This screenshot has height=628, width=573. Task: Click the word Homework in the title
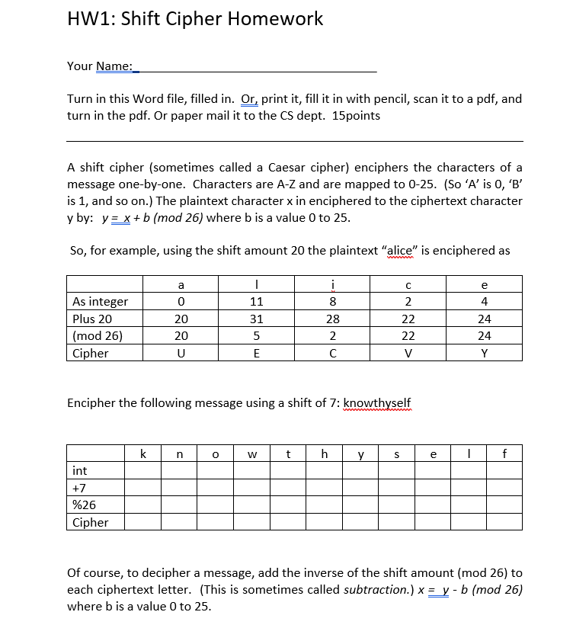tap(279, 19)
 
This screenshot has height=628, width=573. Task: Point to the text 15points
tap(357, 116)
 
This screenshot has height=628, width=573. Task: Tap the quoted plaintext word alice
tap(395, 251)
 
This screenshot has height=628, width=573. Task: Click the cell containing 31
tap(256, 319)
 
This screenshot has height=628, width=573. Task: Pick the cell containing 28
tap(332, 319)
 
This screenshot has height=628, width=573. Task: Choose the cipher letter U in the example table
tap(181, 353)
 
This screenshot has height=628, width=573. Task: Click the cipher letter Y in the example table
tap(485, 353)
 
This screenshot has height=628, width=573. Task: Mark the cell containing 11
tap(256, 302)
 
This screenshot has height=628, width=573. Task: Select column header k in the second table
tap(142, 454)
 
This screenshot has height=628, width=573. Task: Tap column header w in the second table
tap(252, 454)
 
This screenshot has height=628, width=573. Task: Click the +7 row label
tap(78, 488)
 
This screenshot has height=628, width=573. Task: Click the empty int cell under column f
tap(504, 471)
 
